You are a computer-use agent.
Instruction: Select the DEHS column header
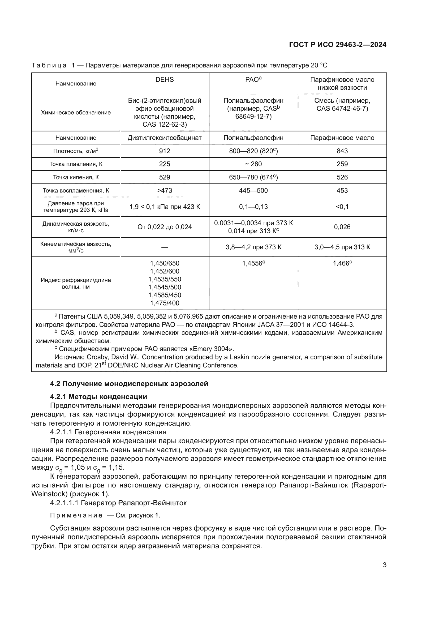[x=164, y=80]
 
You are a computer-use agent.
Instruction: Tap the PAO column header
[x=253, y=80]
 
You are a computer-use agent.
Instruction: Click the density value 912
[x=164, y=151]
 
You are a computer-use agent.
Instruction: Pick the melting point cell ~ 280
[x=253, y=164]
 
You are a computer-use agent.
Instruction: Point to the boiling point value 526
[x=342, y=177]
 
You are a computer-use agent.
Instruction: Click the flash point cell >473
[x=164, y=191]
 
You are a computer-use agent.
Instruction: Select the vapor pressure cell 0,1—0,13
[x=253, y=207]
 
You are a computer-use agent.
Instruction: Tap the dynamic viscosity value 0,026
[x=342, y=227]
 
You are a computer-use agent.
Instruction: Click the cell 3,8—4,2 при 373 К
[x=253, y=247]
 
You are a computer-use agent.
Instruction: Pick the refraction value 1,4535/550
[x=164, y=279]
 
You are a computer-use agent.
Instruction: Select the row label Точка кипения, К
[x=76, y=177]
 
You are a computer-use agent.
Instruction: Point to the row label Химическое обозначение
[x=76, y=113]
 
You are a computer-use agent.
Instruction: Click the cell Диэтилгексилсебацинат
[x=164, y=138]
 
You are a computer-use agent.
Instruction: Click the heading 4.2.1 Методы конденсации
[x=98, y=397]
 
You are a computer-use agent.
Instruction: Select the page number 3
[x=384, y=565]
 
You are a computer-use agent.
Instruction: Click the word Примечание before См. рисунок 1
[x=76, y=515]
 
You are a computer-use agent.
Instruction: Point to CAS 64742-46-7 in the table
[x=342, y=109]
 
